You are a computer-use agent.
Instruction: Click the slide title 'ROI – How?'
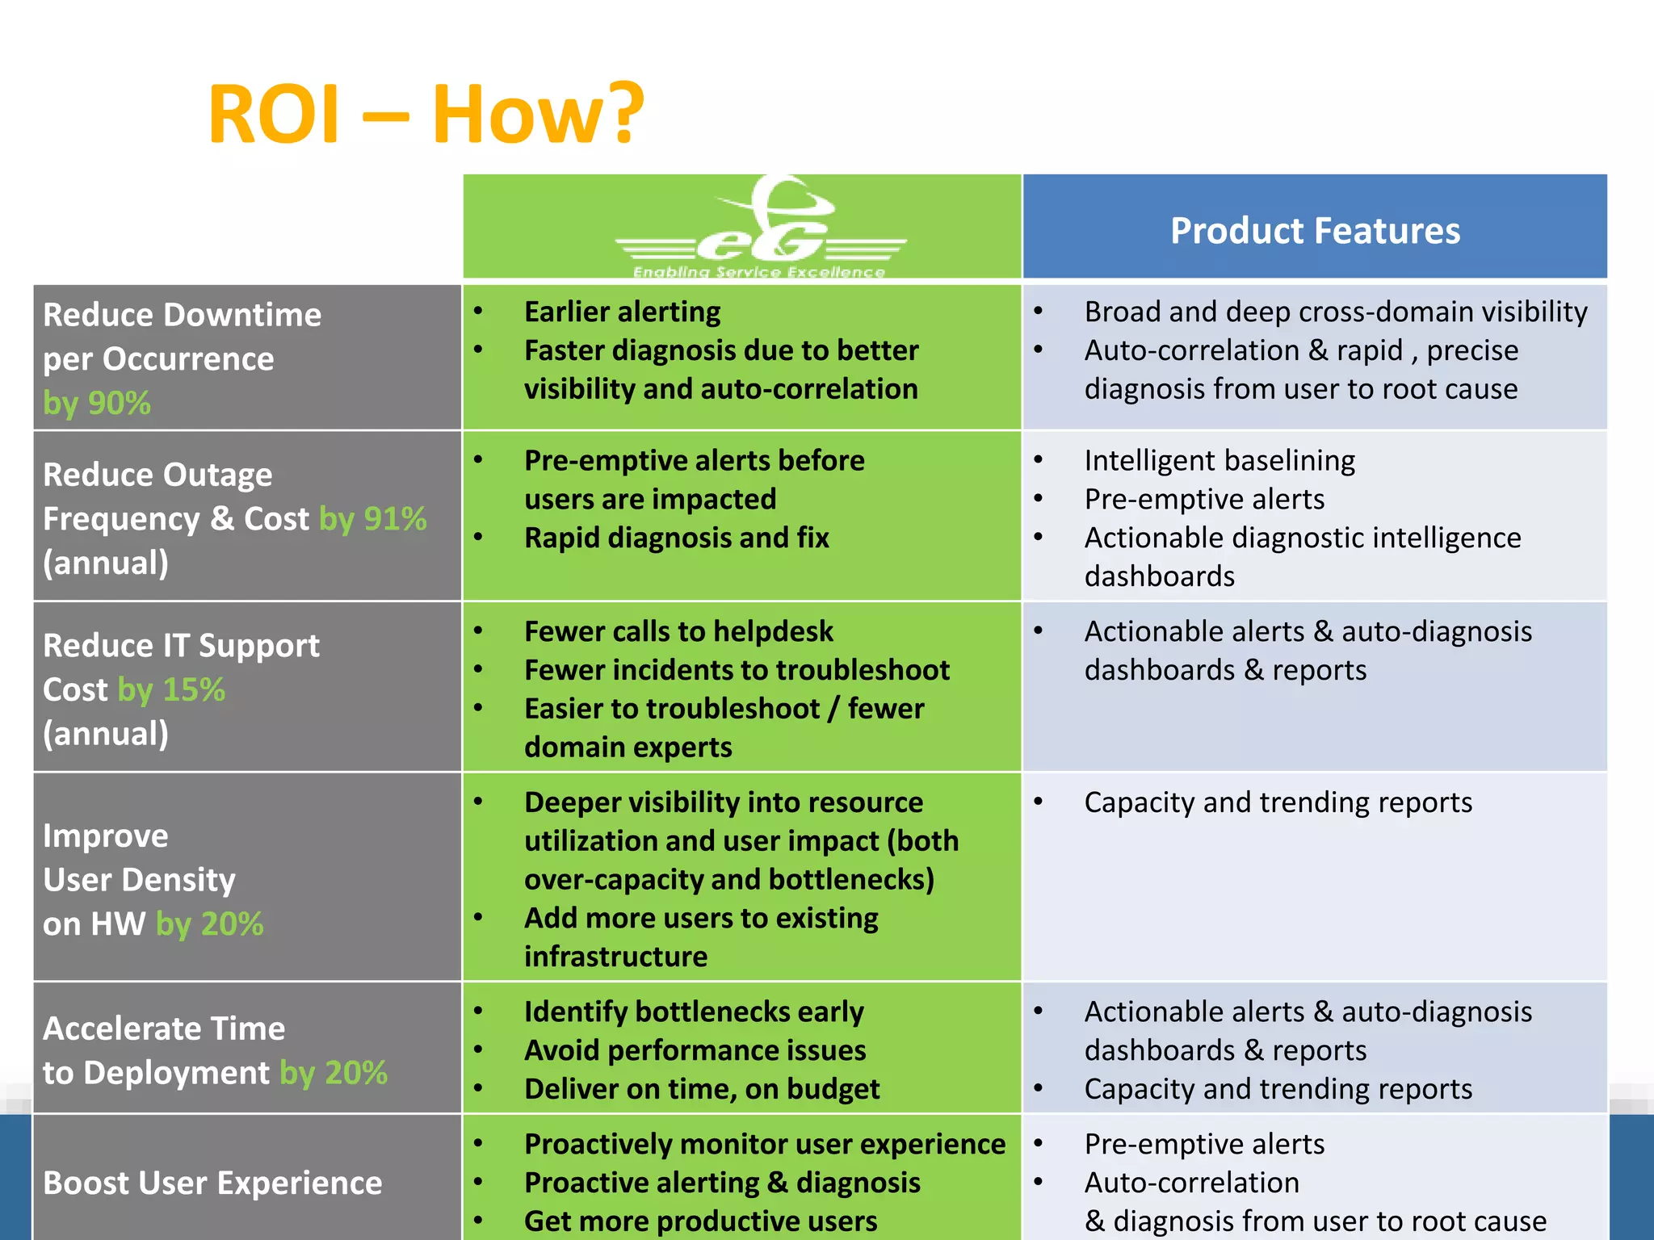coord(426,114)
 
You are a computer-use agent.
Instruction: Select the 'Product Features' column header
coord(1315,231)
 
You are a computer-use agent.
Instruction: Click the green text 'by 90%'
coord(97,403)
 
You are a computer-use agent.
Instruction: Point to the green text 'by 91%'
coord(373,519)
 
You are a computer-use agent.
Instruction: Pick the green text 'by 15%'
coord(171,690)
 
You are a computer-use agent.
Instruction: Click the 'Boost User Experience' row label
coord(212,1183)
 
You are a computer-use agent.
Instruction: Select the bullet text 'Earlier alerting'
coord(622,312)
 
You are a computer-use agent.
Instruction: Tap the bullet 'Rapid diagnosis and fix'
coord(677,538)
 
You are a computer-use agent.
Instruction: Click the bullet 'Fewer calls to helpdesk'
coord(678,631)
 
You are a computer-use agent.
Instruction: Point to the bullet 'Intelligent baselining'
coord(1220,460)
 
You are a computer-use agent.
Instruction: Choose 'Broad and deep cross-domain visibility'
coord(1336,312)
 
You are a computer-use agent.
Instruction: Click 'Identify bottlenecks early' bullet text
coord(694,1012)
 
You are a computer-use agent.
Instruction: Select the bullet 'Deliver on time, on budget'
coord(701,1089)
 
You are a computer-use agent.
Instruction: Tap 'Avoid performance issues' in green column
coord(695,1050)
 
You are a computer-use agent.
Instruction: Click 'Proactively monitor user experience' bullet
coord(765,1144)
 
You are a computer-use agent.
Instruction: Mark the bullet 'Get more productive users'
coord(700,1221)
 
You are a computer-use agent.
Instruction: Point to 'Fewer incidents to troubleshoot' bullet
coord(737,670)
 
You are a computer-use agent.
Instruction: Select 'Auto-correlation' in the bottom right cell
coord(1191,1183)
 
